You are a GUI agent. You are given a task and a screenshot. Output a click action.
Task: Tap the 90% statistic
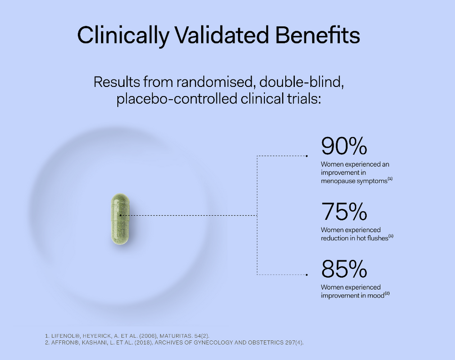344,147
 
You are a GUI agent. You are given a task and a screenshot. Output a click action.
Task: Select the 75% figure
344,212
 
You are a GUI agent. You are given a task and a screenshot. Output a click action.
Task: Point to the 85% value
344,269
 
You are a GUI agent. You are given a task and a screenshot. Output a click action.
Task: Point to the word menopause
336,180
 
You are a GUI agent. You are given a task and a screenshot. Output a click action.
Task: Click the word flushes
374,238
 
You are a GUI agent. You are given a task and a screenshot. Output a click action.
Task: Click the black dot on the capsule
120,214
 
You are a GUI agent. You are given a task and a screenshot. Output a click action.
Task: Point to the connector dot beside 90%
307,156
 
